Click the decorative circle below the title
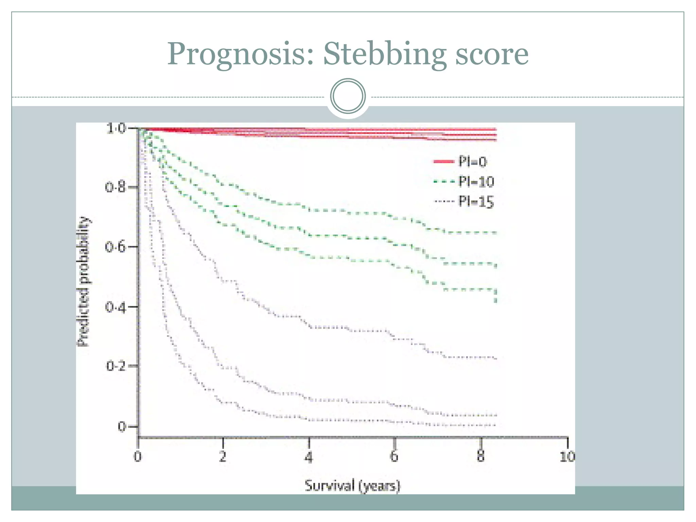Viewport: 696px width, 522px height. pyautogui.click(x=348, y=96)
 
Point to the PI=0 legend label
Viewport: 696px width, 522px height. pyautogui.click(x=472, y=161)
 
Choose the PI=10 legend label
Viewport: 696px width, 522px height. pyautogui.click(x=476, y=182)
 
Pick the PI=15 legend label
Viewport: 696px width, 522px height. pyautogui.click(x=476, y=202)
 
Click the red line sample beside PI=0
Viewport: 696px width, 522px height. pyautogui.click(x=444, y=161)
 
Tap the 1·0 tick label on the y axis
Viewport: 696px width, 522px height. pyautogui.click(x=116, y=128)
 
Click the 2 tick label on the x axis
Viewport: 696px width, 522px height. pyautogui.click(x=223, y=456)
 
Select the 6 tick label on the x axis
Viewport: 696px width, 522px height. pyautogui.click(x=394, y=456)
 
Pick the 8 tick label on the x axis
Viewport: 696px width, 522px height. pyautogui.click(x=480, y=456)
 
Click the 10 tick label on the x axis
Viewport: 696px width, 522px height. pyautogui.click(x=567, y=456)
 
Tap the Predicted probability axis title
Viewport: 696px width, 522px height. pyautogui.click(x=84, y=281)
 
